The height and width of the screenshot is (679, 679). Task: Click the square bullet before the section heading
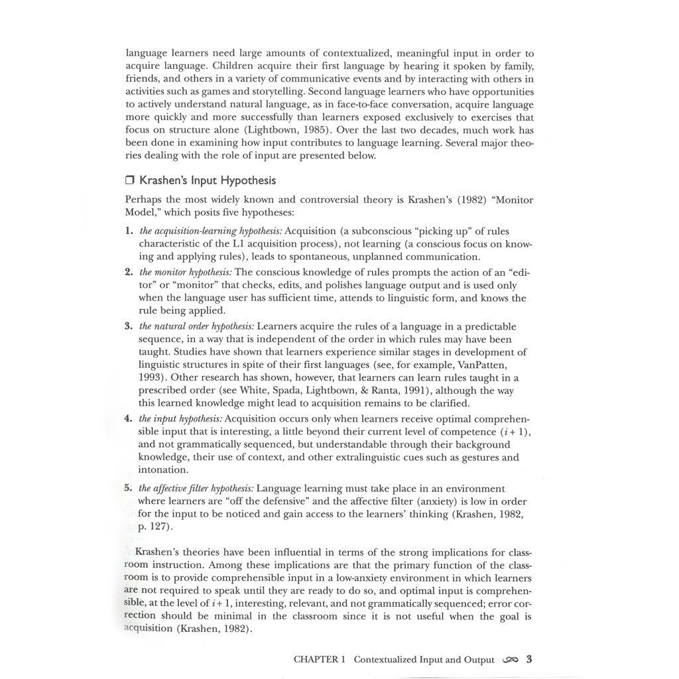point(130,180)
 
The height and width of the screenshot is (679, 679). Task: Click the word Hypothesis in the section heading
point(248,180)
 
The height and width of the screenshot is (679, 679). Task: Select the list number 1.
point(129,231)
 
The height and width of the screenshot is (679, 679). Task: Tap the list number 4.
point(129,419)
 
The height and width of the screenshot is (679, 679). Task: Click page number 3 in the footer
point(529,659)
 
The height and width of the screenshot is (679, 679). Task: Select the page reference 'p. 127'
point(155,527)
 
